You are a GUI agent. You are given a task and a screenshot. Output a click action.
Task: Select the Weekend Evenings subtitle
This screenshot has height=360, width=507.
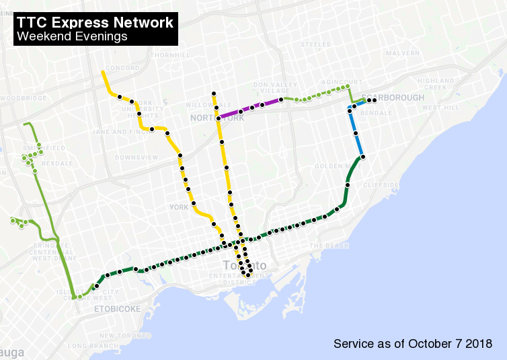click(73, 37)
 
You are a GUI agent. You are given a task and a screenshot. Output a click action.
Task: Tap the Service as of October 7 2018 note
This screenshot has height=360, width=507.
click(413, 344)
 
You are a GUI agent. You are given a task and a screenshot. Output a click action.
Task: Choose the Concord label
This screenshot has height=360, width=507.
click(122, 68)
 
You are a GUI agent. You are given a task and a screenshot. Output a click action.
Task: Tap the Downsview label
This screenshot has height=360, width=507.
click(136, 157)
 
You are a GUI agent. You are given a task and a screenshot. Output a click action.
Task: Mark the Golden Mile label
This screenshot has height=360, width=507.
click(329, 166)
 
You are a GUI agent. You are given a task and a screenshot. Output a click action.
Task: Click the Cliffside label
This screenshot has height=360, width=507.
click(381, 184)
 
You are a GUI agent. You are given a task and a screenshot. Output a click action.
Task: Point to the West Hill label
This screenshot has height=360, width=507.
click(440, 108)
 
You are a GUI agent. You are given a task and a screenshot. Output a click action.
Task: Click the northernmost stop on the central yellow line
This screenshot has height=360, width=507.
click(213, 94)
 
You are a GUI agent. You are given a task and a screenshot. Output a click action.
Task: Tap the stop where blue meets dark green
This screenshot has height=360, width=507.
click(362, 157)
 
